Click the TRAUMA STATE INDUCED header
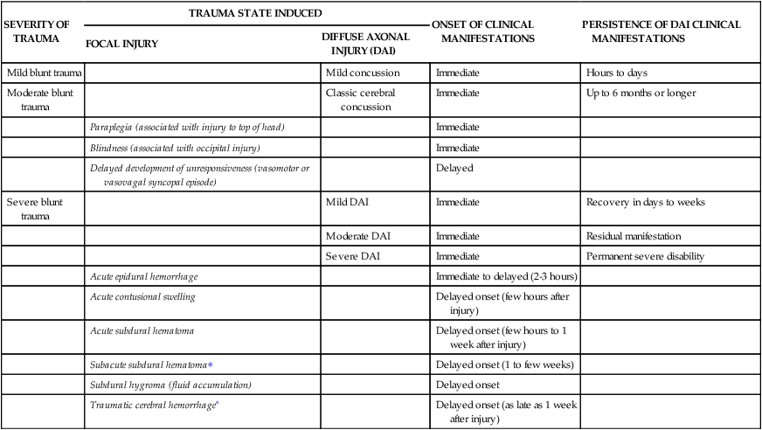pos(255,13)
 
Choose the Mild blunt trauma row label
pos(45,73)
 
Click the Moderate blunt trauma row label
pos(40,99)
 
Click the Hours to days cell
pos(616,73)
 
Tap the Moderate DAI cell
pos(358,237)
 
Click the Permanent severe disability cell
pos(645,257)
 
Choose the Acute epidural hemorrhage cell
pos(144,277)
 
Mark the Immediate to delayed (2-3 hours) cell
pos(506,277)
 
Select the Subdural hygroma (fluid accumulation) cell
pos(170,385)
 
